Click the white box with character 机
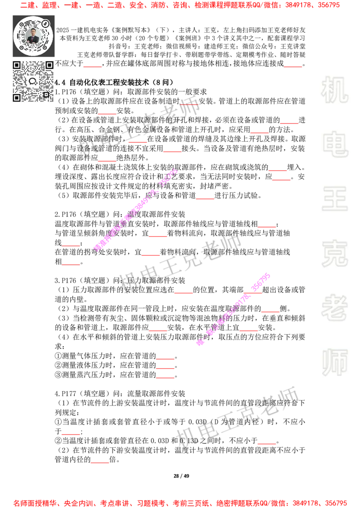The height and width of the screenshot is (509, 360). click(334, 90)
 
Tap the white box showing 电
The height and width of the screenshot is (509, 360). click(336, 144)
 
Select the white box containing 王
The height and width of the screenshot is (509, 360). click(334, 200)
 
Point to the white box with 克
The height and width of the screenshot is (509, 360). click(334, 254)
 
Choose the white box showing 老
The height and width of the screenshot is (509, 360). click(334, 308)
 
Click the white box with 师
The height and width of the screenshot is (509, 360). click(334, 363)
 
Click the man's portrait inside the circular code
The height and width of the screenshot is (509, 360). click(33, 36)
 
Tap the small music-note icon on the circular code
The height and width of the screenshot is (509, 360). click(45, 23)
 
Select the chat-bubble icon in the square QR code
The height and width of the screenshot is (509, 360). click(33, 81)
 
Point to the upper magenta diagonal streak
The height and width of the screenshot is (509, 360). click(135, 210)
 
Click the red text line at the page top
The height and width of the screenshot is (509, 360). click(180, 6)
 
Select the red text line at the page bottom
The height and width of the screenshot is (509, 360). click(180, 503)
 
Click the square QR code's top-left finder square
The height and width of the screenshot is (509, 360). click(17, 65)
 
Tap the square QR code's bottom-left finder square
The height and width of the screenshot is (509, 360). click(17, 98)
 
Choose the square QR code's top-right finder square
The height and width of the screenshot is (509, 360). click(49, 65)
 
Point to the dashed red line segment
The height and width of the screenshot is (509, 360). click(189, 105)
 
